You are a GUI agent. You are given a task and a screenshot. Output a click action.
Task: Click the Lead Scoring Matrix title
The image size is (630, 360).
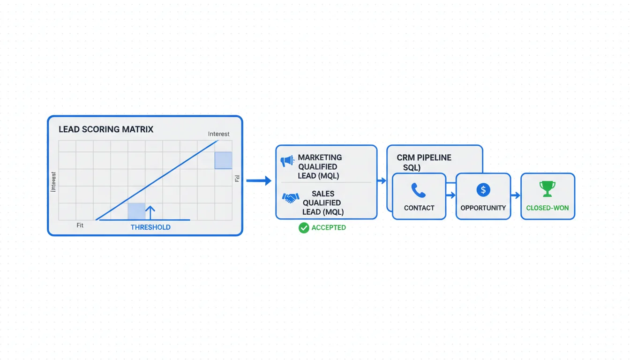pos(106,129)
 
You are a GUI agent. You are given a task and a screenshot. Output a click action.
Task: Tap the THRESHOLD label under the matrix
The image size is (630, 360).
pos(150,227)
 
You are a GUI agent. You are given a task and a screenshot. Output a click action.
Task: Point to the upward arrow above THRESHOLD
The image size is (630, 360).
pos(150,212)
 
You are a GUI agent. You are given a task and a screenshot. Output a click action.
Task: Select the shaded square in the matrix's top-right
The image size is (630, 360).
pos(223,160)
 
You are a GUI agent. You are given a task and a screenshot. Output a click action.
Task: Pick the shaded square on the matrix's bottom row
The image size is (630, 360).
pos(136,211)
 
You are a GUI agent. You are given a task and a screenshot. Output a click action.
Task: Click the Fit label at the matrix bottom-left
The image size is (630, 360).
pos(80,225)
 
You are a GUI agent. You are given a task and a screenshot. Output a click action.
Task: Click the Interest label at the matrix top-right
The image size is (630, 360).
pos(218,134)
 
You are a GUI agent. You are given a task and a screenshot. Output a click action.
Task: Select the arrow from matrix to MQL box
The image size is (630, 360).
pos(259,180)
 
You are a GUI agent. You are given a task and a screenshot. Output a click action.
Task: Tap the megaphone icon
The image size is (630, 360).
pos(287,161)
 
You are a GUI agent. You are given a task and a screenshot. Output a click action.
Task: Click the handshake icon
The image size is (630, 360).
pos(291,198)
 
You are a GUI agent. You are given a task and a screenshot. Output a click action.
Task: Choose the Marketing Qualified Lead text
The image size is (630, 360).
pos(320,166)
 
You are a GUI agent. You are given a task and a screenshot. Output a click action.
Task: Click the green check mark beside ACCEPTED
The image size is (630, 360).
pos(304,228)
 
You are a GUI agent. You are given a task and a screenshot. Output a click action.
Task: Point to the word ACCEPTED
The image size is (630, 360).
pos(329,228)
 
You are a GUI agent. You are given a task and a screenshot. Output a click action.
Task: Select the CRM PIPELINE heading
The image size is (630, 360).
pos(424,158)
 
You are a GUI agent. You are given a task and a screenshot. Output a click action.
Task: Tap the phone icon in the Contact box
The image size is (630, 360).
pos(418,190)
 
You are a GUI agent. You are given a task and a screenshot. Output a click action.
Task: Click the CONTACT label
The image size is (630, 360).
pos(419,208)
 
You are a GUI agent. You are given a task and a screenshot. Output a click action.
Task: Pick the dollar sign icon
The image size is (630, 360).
pos(483,190)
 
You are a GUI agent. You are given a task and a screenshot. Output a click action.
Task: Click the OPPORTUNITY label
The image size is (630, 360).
pos(483,208)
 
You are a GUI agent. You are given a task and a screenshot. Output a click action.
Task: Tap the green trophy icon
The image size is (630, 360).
pos(547,189)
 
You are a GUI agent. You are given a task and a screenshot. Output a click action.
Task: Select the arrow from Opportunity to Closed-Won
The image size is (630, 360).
pos(515,195)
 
